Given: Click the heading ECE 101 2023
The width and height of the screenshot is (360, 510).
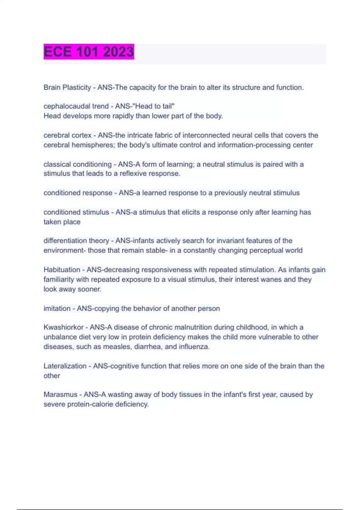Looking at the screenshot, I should point(89,52).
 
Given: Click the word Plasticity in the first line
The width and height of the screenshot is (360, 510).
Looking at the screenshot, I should point(76,88).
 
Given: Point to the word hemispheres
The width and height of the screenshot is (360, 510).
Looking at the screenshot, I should point(96,145).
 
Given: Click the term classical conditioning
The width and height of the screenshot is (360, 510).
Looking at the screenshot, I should point(77,164).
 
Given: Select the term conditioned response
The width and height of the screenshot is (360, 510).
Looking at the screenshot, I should point(78,193).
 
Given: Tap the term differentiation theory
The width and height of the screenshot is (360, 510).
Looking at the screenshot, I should point(76,241).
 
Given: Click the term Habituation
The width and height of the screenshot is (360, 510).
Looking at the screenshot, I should point(61,270).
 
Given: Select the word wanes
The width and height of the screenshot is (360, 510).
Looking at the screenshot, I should point(273,280).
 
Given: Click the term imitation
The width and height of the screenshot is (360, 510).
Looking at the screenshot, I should point(57,308).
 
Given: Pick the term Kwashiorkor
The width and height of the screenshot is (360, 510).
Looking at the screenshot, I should point(63,327).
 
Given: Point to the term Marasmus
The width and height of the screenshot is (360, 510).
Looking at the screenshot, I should point(60,395).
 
